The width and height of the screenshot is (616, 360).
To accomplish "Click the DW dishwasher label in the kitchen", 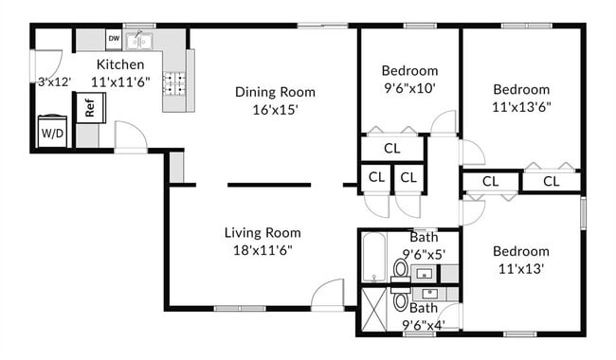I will click(114, 39).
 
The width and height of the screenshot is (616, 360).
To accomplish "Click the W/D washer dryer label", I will click(52, 134).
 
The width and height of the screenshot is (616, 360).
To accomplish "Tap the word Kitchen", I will click(120, 64).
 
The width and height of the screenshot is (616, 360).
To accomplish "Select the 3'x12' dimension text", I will click(54, 82).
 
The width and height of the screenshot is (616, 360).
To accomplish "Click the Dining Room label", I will click(275, 92).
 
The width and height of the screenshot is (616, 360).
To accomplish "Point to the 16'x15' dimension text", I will click(275, 110).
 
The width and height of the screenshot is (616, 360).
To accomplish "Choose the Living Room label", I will click(263, 232).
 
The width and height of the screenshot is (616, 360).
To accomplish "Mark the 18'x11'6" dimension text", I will click(263, 250).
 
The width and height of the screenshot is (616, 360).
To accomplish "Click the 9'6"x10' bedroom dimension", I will click(409, 88).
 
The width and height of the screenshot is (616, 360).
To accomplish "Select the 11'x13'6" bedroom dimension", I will click(520, 107).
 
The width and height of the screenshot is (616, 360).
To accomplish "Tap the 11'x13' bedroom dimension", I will click(520, 269).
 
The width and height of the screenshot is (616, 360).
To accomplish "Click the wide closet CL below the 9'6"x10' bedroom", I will click(391, 149).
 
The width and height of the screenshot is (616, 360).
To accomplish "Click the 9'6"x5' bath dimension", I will click(423, 254).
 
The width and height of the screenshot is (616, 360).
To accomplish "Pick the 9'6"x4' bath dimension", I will click(423, 325).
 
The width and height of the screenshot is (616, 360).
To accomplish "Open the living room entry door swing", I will click(328, 294).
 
